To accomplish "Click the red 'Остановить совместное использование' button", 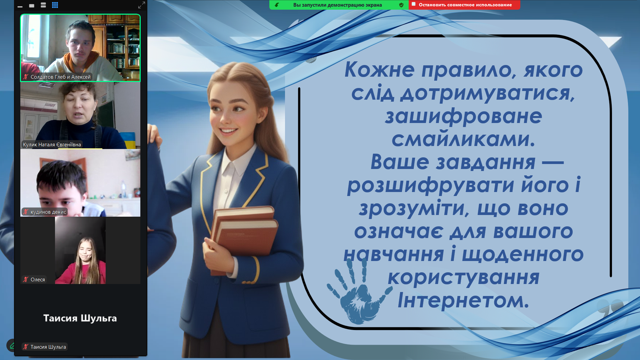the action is click(464, 5).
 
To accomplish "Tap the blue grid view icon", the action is click(55, 5).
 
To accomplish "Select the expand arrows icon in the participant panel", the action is click(142, 5).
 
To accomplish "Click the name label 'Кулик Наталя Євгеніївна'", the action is click(52, 145).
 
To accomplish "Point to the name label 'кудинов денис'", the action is click(48, 212).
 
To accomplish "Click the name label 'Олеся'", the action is click(38, 280).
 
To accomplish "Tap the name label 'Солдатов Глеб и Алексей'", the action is click(61, 77).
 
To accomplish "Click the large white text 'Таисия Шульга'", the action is click(80, 318).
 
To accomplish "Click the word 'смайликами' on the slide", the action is click(463, 139).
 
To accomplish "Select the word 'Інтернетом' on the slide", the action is click(463, 300).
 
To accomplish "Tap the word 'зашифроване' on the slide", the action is click(463, 117).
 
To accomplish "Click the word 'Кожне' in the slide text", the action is click(380, 69).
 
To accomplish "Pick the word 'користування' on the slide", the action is click(463, 278).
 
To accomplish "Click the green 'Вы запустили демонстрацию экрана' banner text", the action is click(338, 5).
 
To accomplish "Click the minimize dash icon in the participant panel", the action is click(20, 6).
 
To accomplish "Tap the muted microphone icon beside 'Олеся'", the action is click(26, 280).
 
